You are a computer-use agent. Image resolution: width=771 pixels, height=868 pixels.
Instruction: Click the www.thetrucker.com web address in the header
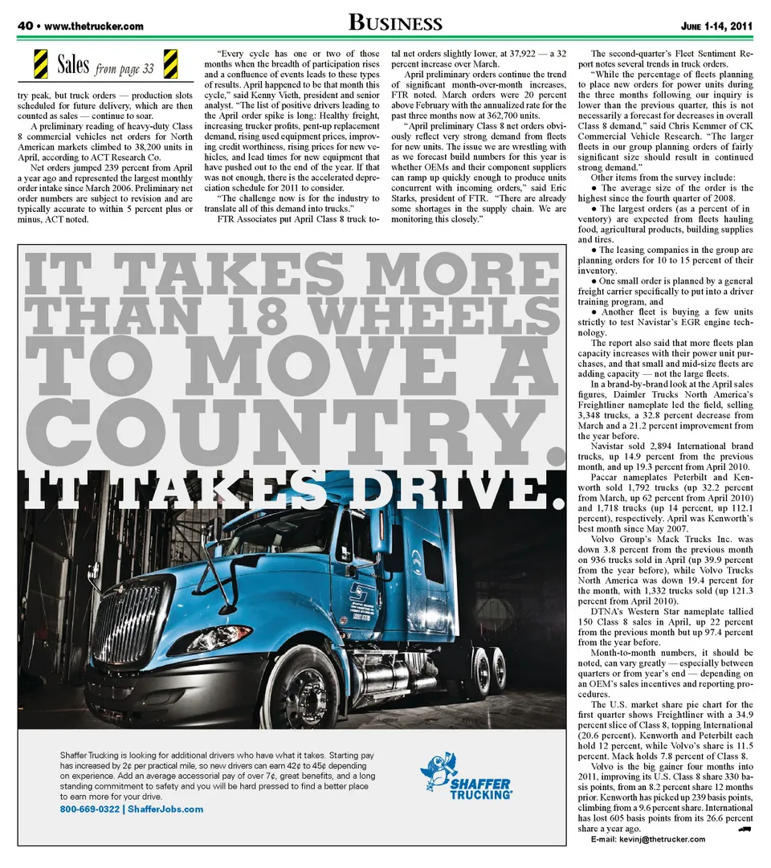(x=94, y=26)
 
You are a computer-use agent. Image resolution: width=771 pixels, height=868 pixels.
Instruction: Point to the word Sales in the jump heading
(x=73, y=65)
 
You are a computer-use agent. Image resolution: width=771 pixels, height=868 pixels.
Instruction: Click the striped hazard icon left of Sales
(x=39, y=64)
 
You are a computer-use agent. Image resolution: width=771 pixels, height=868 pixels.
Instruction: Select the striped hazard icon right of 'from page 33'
(x=170, y=64)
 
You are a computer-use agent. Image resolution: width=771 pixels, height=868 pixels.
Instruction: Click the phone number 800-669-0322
(x=88, y=809)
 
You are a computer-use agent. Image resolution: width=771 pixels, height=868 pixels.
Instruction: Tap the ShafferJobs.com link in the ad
(x=165, y=809)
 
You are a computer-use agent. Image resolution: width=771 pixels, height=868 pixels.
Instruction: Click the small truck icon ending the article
(x=744, y=829)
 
